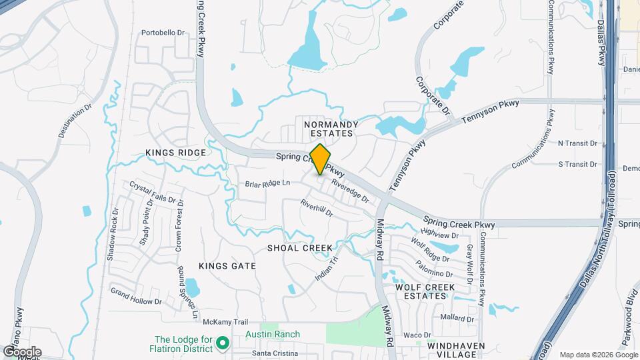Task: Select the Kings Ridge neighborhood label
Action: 176,153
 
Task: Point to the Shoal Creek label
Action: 299,248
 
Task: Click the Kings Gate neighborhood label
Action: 227,266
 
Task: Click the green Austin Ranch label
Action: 272,334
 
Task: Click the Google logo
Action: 22,351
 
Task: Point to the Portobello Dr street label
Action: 163,32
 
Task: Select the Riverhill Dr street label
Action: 316,209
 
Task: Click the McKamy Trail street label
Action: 207,322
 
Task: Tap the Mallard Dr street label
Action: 457,319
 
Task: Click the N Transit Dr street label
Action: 577,143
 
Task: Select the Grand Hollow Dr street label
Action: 136,297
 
